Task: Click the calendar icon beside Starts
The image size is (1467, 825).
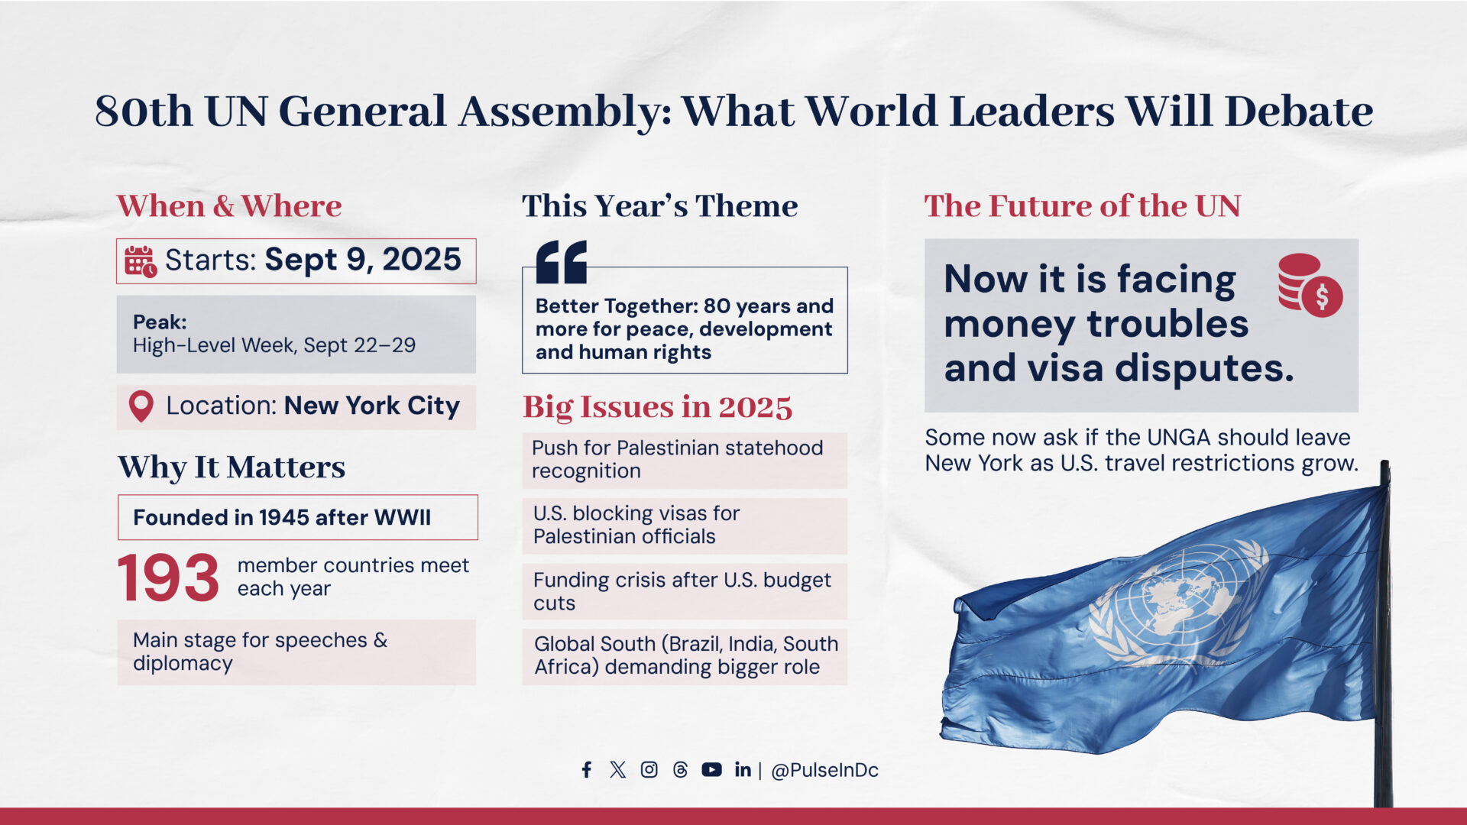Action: pyautogui.click(x=141, y=261)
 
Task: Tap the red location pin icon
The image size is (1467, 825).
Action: pyautogui.click(x=141, y=406)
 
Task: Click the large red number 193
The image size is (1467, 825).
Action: pyautogui.click(x=168, y=577)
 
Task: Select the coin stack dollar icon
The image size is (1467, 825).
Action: pyautogui.click(x=1310, y=285)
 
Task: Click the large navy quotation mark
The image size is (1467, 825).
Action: pyautogui.click(x=562, y=262)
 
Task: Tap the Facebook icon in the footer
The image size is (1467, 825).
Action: pyautogui.click(x=586, y=769)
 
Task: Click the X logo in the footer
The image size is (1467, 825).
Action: pyautogui.click(x=618, y=769)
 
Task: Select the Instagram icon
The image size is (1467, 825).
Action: pyautogui.click(x=649, y=769)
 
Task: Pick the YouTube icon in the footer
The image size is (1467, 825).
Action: pyautogui.click(x=711, y=769)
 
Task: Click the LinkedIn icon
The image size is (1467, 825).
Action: pyautogui.click(x=743, y=769)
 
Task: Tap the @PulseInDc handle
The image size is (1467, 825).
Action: pyautogui.click(x=825, y=770)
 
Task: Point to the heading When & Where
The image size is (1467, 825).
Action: pyautogui.click(x=229, y=206)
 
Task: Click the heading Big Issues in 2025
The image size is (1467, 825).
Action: pyautogui.click(x=658, y=407)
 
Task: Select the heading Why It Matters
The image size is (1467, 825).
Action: pyautogui.click(x=232, y=467)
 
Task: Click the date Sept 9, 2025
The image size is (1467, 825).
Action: pyautogui.click(x=363, y=260)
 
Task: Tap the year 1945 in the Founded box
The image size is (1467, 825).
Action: pyautogui.click(x=284, y=517)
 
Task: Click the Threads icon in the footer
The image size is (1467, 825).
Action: pyautogui.click(x=681, y=769)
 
